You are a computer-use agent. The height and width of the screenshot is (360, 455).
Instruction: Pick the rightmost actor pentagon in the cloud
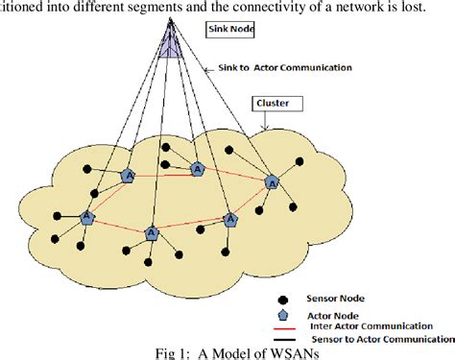pos(272,180)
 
